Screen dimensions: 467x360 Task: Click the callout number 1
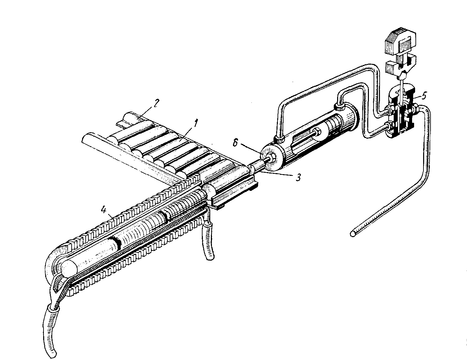tap(196, 124)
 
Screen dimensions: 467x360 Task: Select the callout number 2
tap(155, 103)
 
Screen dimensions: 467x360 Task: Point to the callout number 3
tap(299, 177)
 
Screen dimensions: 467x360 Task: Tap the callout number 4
tap(104, 210)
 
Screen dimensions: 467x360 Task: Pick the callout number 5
tap(424, 96)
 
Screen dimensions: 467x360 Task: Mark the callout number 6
tap(235, 143)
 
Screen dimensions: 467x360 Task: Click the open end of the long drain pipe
tap(353, 234)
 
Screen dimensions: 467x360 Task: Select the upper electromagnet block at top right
tap(401, 41)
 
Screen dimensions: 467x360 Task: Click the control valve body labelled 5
tap(403, 112)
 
